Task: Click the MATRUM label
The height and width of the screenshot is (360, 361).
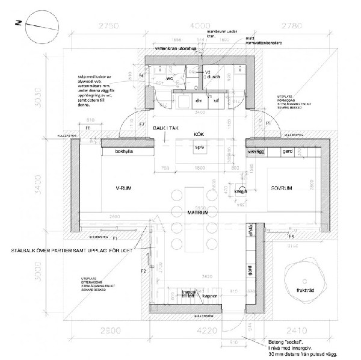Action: [197, 213]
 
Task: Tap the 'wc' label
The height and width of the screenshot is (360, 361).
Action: [170, 78]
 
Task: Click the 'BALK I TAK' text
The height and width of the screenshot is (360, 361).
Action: [166, 129]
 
